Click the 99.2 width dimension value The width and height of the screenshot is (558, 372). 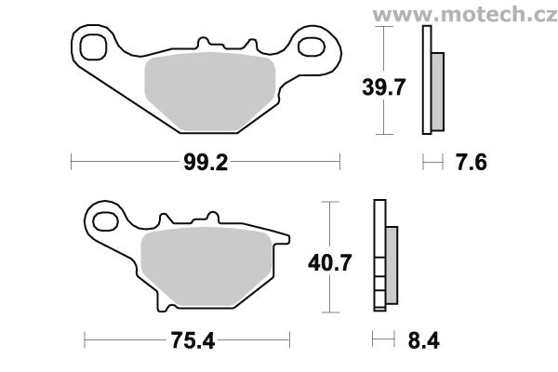206,163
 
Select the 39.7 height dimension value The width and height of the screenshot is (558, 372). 383,87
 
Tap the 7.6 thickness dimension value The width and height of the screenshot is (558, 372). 472,163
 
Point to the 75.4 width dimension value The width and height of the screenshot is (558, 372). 193,340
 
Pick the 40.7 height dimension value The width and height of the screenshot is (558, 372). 330,262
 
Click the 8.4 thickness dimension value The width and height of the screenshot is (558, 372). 423,340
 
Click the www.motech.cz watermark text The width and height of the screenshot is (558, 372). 465,15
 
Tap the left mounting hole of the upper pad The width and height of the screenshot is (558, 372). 93,47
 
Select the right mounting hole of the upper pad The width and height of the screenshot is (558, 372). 312,47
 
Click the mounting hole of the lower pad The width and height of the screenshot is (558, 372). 105,221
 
